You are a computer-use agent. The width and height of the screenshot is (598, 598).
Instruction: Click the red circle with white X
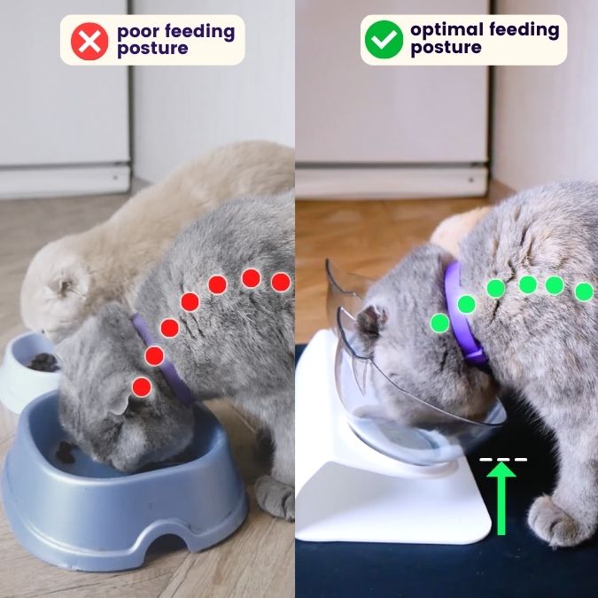point(89,41)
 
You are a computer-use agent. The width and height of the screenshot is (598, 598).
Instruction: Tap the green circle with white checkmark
point(384,39)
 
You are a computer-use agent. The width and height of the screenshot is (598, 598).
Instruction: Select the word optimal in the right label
point(447,30)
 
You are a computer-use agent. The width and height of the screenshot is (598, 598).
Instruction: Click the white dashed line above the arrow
point(503,460)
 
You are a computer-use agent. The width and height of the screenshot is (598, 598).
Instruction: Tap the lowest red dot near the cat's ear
point(142,387)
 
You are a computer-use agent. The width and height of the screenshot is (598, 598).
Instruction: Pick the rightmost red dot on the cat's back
point(281,283)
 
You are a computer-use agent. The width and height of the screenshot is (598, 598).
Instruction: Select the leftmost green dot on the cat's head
point(439,322)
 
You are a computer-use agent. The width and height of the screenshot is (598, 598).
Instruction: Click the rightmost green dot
point(584,291)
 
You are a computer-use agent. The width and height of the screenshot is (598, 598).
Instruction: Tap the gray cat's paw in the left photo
point(276,497)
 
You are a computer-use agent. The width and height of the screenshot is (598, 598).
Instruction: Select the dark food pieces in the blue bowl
point(66,452)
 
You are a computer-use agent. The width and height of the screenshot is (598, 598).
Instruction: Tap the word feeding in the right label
point(524,30)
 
